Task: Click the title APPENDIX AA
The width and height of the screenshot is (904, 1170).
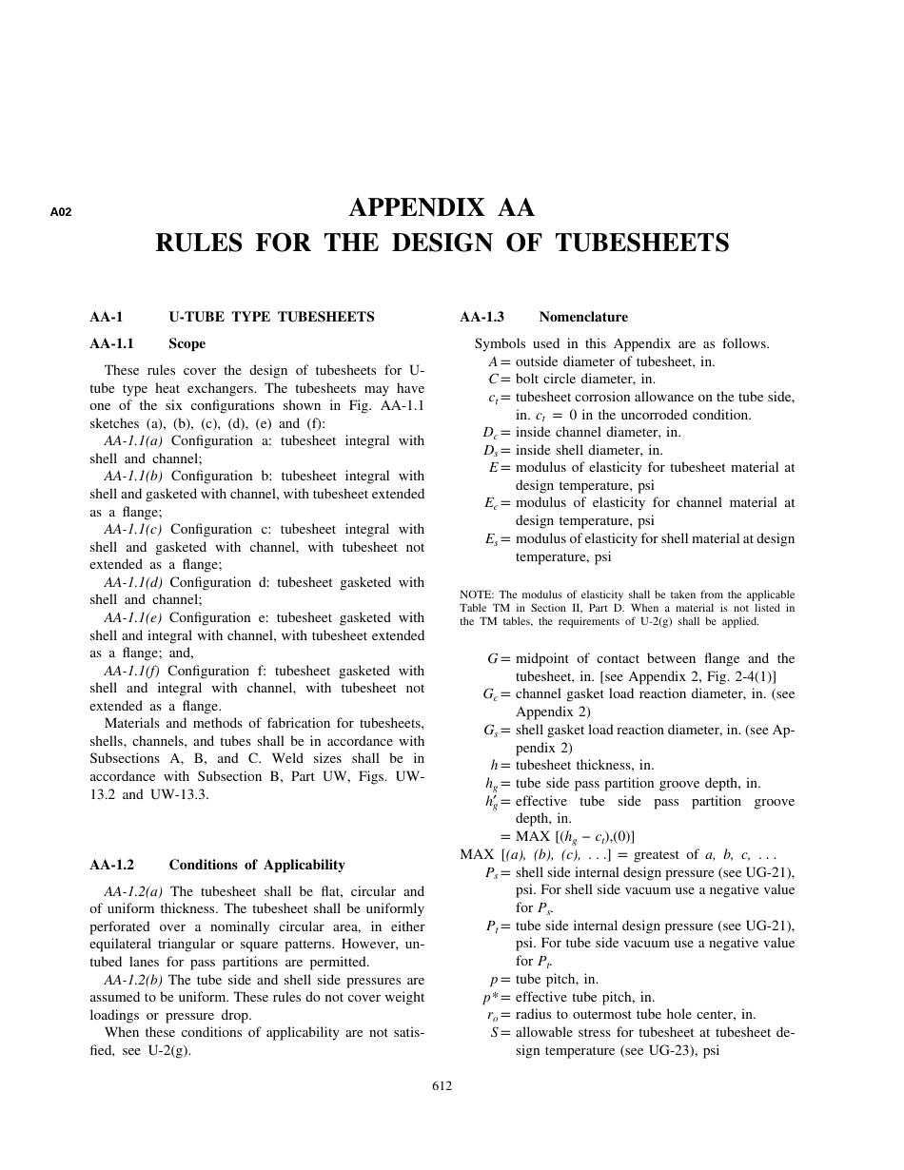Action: (x=442, y=207)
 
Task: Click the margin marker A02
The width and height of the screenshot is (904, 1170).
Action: (x=61, y=212)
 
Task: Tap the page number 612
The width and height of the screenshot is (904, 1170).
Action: (x=442, y=1086)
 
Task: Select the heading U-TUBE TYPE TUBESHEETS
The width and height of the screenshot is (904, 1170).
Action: (x=271, y=317)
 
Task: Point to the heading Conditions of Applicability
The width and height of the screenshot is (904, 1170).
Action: (x=257, y=865)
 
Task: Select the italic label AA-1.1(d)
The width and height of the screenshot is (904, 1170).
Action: (x=133, y=582)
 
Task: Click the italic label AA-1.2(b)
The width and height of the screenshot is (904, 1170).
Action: (x=133, y=979)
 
